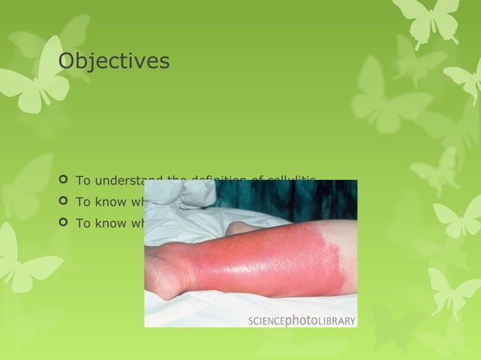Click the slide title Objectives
114,60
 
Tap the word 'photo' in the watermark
303,321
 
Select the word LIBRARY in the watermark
337,322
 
